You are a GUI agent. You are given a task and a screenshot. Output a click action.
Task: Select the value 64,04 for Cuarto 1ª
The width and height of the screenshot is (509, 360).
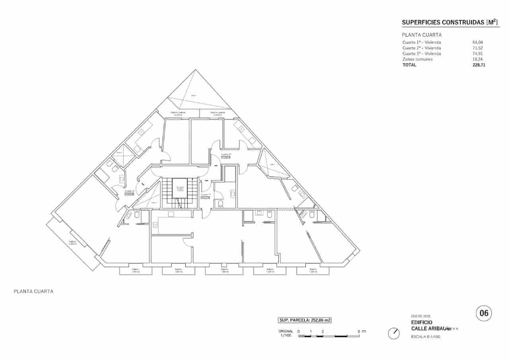[x=477, y=42]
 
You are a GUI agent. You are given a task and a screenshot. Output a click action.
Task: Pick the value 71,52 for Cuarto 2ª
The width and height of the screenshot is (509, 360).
[x=477, y=48]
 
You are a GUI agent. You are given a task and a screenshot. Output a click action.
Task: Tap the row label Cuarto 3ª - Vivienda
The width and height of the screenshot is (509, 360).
[x=422, y=53]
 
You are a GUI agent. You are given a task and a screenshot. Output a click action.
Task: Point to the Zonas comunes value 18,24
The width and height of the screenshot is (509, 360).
[x=477, y=59]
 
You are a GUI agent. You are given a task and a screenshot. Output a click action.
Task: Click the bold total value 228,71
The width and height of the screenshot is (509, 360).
[x=478, y=64]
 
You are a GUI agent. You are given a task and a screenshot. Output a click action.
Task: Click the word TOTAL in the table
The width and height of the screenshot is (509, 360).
[x=409, y=64]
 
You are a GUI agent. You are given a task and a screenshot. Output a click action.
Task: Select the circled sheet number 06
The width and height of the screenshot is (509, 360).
[x=484, y=313]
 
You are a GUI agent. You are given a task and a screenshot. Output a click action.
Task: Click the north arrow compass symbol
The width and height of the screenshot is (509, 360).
[x=394, y=333]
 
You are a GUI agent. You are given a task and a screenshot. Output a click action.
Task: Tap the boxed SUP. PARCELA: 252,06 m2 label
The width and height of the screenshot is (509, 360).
[x=305, y=320]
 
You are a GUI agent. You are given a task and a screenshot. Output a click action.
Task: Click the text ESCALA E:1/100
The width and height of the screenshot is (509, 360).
[x=425, y=337]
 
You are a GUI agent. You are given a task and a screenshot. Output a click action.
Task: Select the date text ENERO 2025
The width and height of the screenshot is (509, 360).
[x=421, y=316]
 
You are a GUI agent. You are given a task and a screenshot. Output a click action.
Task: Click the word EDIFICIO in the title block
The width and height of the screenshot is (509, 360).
[x=422, y=322]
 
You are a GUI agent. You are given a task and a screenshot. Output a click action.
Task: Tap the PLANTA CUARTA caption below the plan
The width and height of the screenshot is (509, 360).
[x=33, y=291]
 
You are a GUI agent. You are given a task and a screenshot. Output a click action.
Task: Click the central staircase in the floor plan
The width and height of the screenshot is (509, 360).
[x=180, y=193]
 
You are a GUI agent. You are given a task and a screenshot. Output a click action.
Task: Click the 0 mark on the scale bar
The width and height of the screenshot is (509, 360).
[x=298, y=331]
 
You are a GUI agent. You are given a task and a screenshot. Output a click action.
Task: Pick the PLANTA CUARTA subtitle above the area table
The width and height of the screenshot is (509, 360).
[x=422, y=35]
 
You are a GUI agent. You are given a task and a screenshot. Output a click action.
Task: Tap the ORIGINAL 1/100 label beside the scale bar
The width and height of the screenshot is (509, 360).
[x=286, y=333]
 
